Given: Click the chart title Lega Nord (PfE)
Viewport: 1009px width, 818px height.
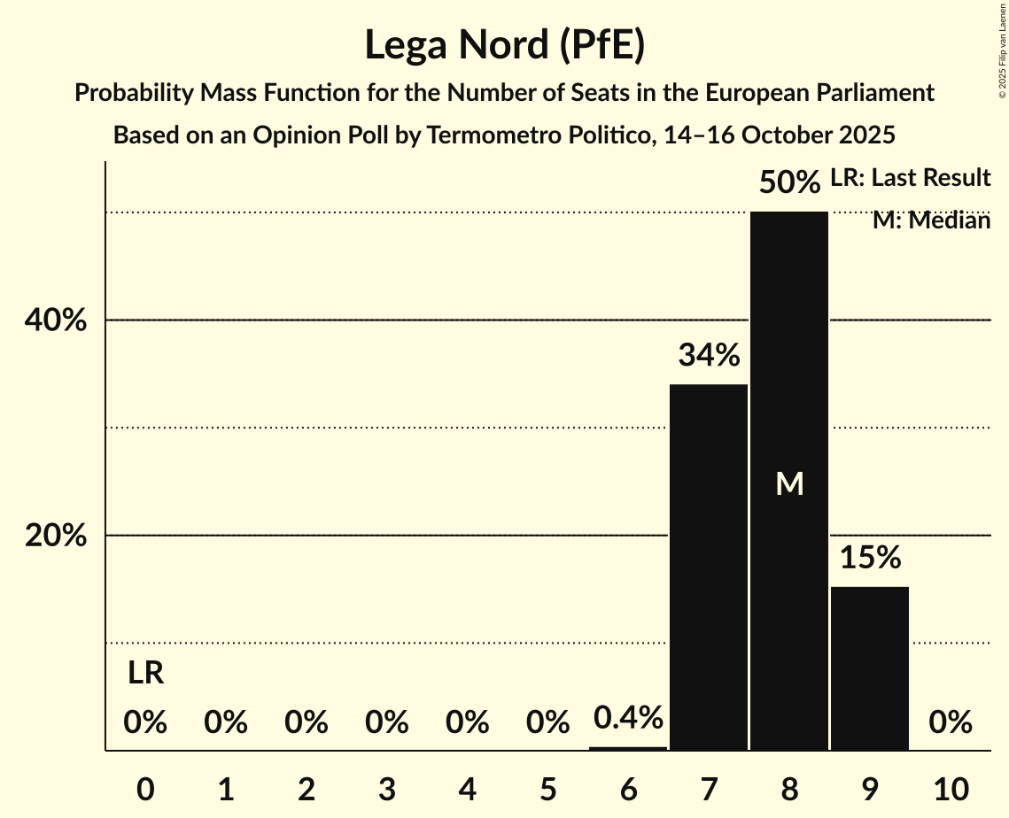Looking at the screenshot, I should (504, 45).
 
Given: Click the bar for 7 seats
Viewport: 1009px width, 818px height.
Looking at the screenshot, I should (708, 567).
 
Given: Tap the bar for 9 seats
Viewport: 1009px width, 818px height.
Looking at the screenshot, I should (869, 668).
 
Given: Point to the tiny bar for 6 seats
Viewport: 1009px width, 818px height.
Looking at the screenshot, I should (628, 748).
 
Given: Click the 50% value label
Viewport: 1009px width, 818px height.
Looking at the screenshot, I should (788, 183).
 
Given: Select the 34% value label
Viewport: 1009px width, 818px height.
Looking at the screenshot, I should (708, 356).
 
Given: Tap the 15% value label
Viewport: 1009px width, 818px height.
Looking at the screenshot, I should (869, 558).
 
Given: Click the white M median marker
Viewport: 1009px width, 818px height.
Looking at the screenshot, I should (788, 483).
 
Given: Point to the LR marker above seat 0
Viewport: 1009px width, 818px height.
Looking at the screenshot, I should (145, 674).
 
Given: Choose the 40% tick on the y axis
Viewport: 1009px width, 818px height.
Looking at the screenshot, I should (56, 320).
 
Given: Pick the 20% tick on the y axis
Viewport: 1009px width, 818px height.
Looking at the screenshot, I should (56, 536).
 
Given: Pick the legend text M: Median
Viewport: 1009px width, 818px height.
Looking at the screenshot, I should (930, 220).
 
